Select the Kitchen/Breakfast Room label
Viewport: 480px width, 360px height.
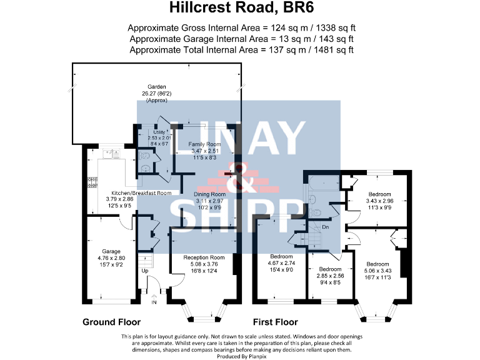pyautogui.click(x=141, y=193)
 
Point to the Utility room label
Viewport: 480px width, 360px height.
pyautogui.click(x=159, y=132)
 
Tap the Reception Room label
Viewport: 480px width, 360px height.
pyautogui.click(x=203, y=257)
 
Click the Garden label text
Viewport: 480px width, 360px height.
pyautogui.click(x=156, y=87)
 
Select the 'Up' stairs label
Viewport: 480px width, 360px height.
pyautogui.click(x=145, y=271)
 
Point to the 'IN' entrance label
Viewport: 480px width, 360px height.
pyautogui.click(x=154, y=302)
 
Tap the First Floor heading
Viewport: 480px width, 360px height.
pyautogui.click(x=274, y=322)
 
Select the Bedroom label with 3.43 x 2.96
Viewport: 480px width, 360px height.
pyautogui.click(x=379, y=194)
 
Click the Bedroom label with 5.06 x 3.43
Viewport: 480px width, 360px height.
pyautogui.click(x=377, y=264)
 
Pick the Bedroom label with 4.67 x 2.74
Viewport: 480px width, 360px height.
pyautogui.click(x=281, y=257)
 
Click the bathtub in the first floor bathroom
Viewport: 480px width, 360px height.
pyautogui.click(x=320, y=186)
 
